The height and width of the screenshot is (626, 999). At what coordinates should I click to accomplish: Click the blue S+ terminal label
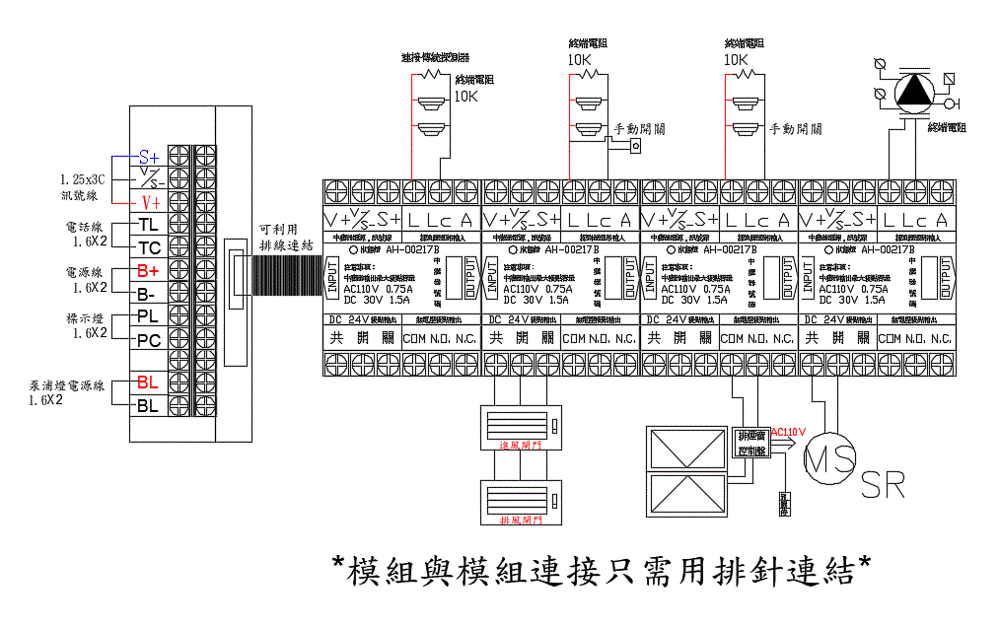point(148,158)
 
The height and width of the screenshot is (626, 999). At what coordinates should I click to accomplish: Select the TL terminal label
point(148,225)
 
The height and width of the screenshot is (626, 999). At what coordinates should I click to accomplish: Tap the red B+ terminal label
point(148,270)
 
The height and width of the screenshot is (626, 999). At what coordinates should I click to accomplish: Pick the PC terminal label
point(148,340)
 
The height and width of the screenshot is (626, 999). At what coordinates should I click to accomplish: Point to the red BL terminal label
point(148,383)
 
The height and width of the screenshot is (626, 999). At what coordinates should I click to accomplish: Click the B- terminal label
point(146,293)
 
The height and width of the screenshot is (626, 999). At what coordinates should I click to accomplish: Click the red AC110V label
point(789,431)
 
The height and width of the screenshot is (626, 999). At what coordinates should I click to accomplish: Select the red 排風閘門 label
point(519,520)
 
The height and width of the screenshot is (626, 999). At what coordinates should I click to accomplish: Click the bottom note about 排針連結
point(602,570)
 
